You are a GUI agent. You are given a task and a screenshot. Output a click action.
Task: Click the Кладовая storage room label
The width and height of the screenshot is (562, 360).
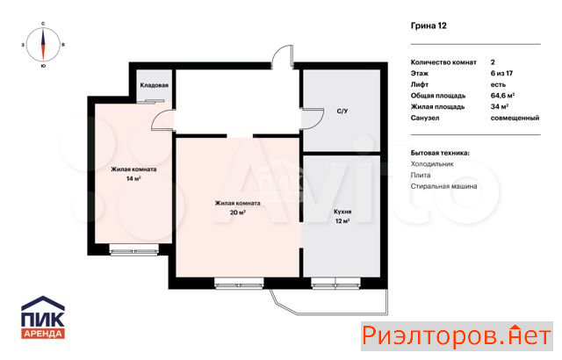point(155,85)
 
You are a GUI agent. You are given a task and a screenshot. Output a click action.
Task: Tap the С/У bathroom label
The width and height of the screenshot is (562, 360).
point(342,111)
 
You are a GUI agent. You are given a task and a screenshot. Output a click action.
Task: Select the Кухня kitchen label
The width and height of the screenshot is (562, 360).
point(342,212)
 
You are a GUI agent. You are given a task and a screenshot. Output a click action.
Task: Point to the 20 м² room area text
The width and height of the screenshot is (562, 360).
point(238,212)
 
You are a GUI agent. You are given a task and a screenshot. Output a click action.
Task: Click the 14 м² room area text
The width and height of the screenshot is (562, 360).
point(133,178)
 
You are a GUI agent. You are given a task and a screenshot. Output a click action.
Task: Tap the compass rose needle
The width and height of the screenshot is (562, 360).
point(43,45)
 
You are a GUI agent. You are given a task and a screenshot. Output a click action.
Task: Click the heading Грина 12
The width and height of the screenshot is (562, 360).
point(429,25)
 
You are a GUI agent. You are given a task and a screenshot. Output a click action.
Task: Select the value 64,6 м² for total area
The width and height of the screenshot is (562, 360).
point(502,96)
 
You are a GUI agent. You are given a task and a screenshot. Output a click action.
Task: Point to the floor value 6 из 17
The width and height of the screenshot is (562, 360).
point(501,74)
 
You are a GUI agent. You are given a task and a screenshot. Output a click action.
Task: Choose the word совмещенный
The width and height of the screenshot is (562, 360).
point(515,118)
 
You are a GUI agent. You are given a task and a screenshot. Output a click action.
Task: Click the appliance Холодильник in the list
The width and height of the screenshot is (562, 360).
point(432,164)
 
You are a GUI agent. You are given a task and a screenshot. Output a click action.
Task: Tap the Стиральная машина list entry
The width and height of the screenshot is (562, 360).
point(443,186)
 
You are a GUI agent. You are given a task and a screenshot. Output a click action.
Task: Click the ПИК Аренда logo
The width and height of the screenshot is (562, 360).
point(43,317)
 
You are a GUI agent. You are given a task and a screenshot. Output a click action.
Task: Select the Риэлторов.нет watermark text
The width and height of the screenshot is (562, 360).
point(457,336)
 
